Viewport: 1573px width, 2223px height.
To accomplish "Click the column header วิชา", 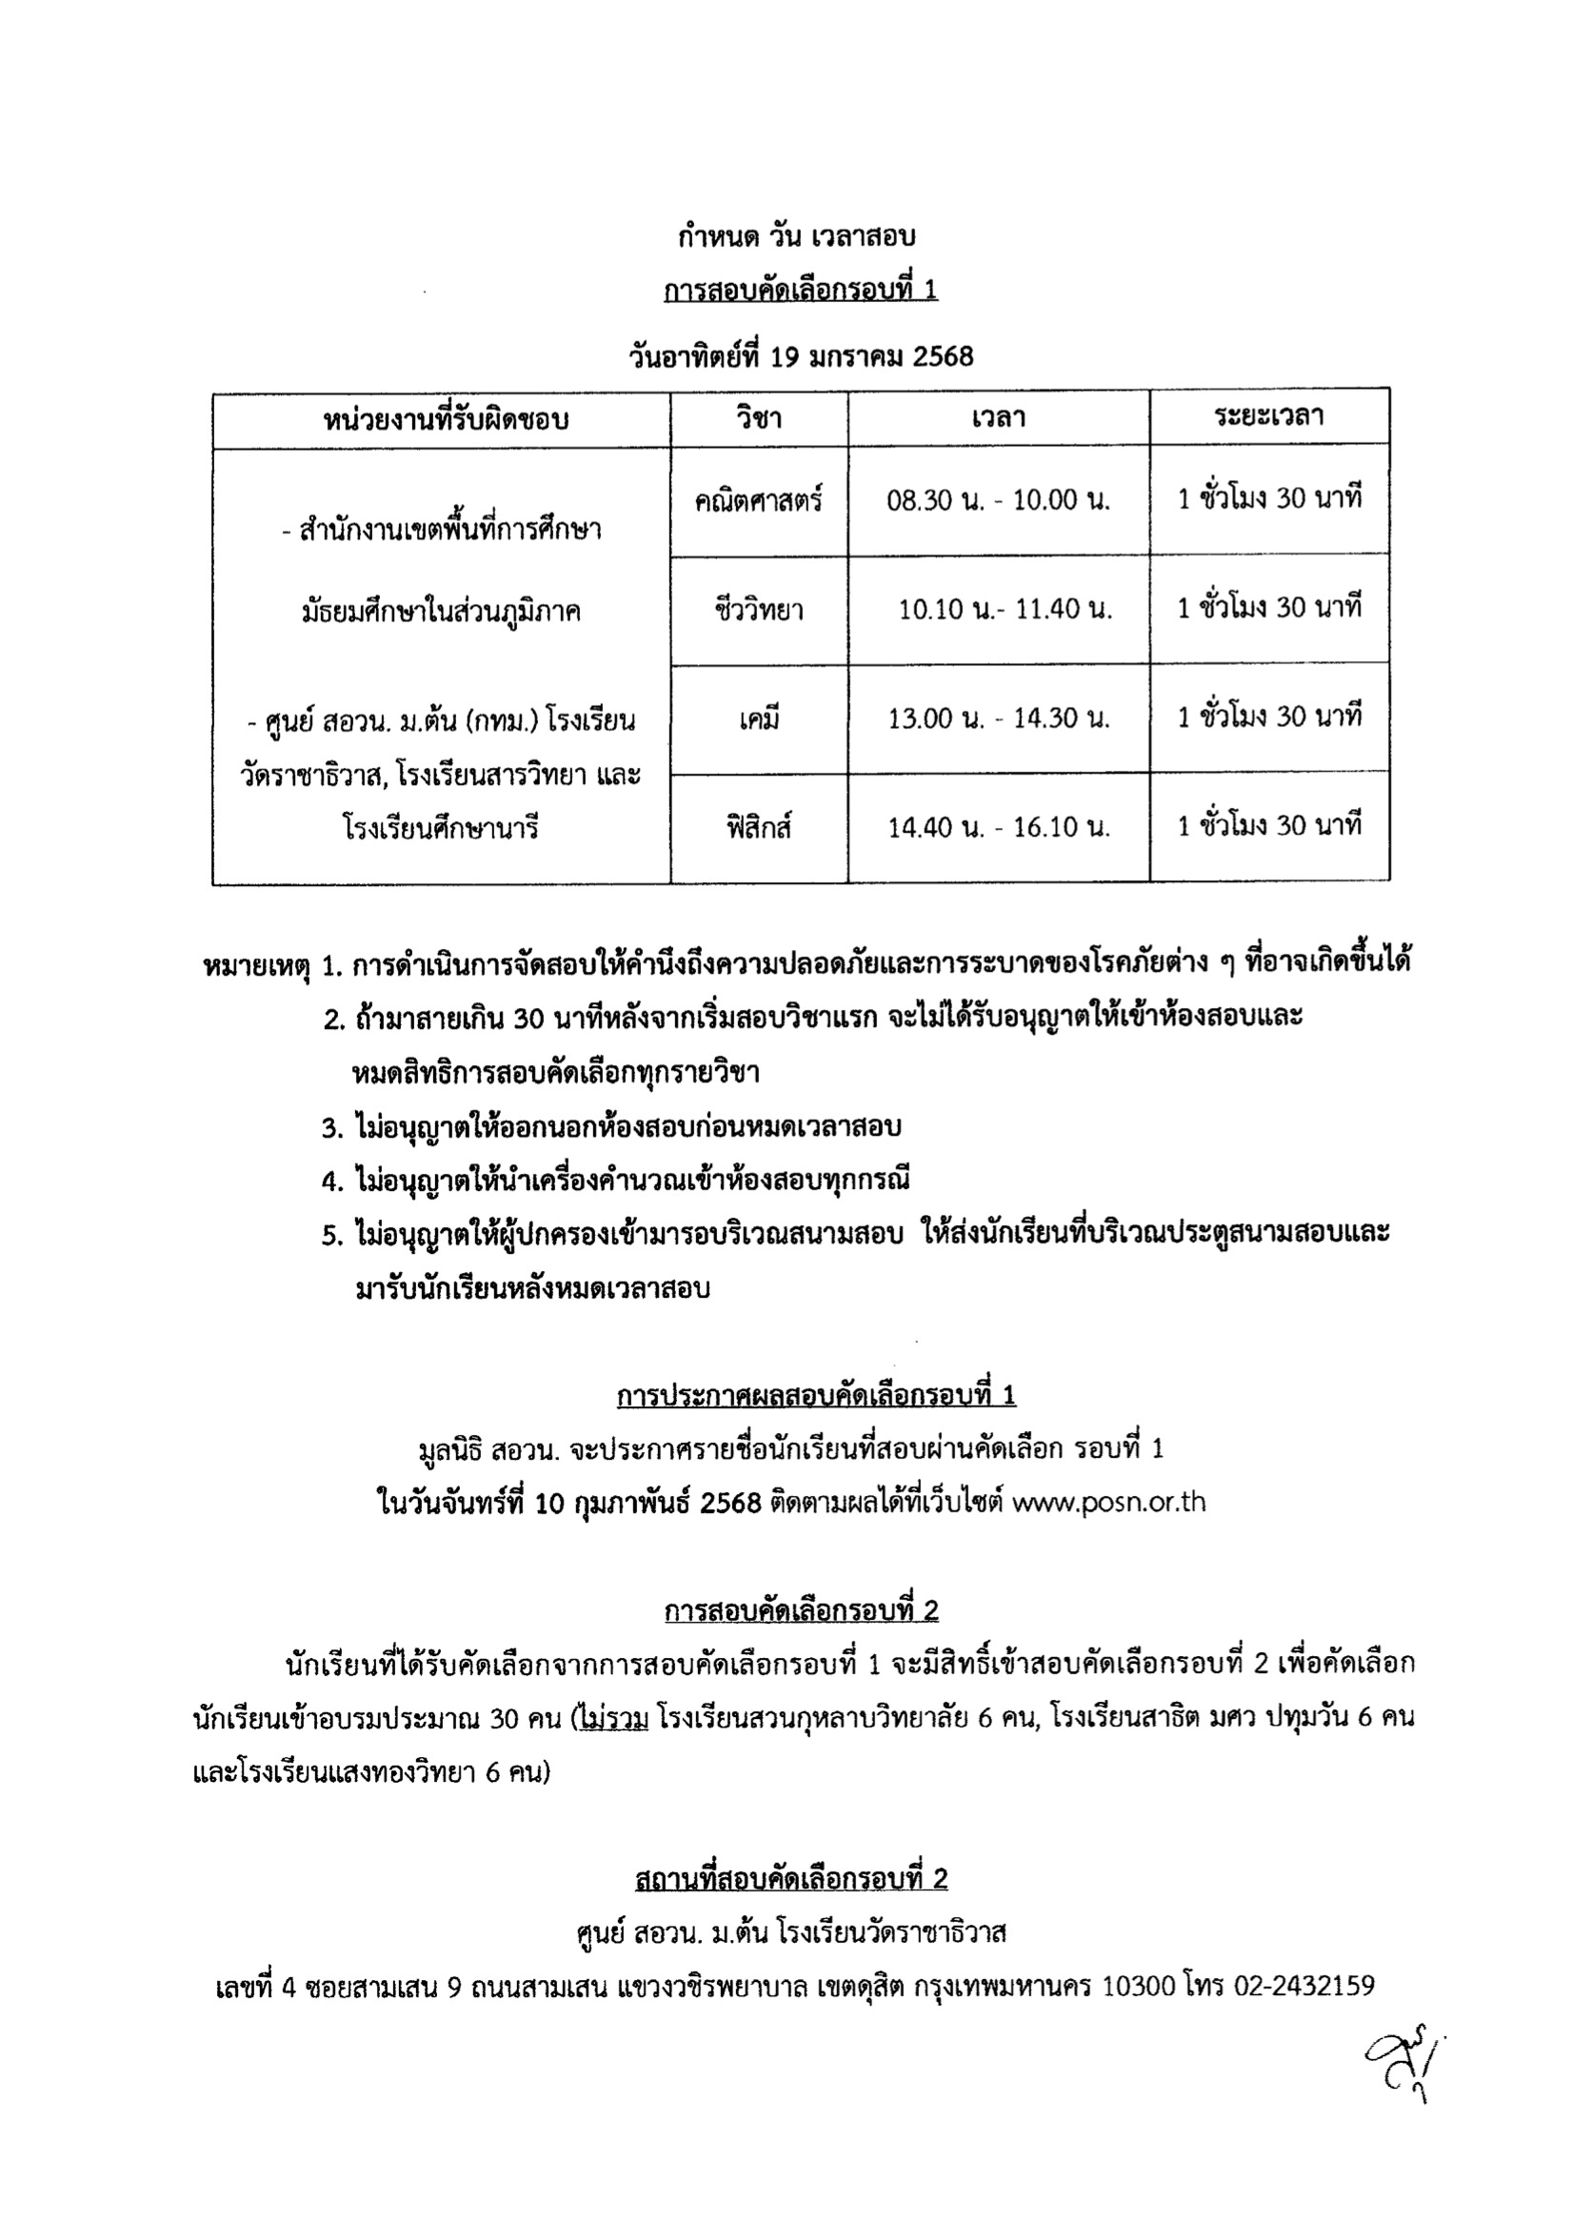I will point(758,418).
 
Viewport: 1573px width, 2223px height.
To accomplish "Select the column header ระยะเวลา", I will point(1269,416).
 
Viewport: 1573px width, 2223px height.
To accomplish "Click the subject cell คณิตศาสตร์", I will point(758,500).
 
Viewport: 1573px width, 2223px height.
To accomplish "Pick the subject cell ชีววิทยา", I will point(758,610).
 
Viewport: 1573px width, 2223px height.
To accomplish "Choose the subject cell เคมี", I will point(758,719).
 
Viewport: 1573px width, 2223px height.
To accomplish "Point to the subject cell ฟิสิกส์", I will point(758,828).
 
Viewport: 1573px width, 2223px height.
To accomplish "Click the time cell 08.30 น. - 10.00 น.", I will point(999,500).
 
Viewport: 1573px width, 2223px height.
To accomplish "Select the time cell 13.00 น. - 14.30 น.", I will point(999,718).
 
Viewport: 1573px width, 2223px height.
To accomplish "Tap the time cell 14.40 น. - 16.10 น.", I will point(999,827).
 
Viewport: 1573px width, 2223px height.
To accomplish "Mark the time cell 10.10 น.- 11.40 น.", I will point(1005,610).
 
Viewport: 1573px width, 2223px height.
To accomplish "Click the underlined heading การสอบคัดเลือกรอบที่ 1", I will point(800,290).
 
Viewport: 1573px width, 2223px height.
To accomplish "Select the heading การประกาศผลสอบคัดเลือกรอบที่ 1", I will point(816,1394).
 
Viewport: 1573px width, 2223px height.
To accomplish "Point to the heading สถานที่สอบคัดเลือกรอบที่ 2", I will point(791,1879).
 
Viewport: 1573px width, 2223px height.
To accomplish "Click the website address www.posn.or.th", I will point(1108,1502).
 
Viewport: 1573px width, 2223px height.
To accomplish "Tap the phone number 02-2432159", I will point(1304,1987).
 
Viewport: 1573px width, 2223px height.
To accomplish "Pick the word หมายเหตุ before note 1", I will point(256,965).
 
